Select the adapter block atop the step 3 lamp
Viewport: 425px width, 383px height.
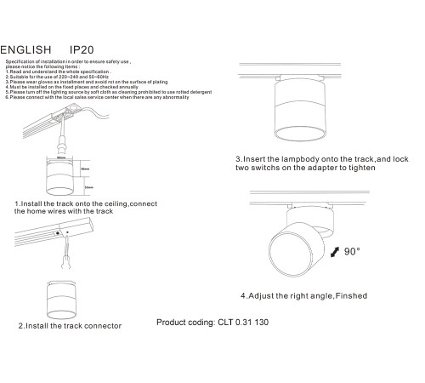289,78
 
